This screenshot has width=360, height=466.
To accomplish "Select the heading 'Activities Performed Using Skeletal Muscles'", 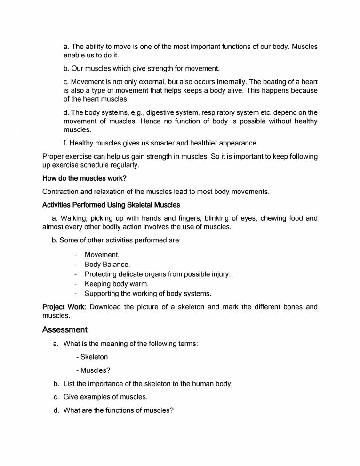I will click(111, 205).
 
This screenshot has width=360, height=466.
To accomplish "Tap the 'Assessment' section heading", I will click(65, 329).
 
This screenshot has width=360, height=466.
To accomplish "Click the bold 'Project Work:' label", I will click(64, 307).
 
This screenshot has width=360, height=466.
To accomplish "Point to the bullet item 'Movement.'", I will click(102, 255).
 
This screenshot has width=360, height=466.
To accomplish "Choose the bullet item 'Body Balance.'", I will click(107, 265).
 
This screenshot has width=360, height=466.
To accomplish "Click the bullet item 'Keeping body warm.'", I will click(116, 284).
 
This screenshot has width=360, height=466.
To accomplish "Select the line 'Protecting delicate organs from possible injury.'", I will click(158, 274).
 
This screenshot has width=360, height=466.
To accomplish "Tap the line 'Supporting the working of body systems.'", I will click(148, 294).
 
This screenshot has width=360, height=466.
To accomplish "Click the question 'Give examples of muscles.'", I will click(105, 397).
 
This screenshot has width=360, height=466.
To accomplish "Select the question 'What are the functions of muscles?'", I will click(118, 410).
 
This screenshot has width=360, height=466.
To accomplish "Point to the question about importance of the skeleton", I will click(148, 384).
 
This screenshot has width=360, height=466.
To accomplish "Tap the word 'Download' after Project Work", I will click(104, 307).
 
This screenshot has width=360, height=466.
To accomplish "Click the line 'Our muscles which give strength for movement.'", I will click(141, 68).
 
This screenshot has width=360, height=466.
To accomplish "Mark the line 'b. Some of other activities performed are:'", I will click(116, 240).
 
